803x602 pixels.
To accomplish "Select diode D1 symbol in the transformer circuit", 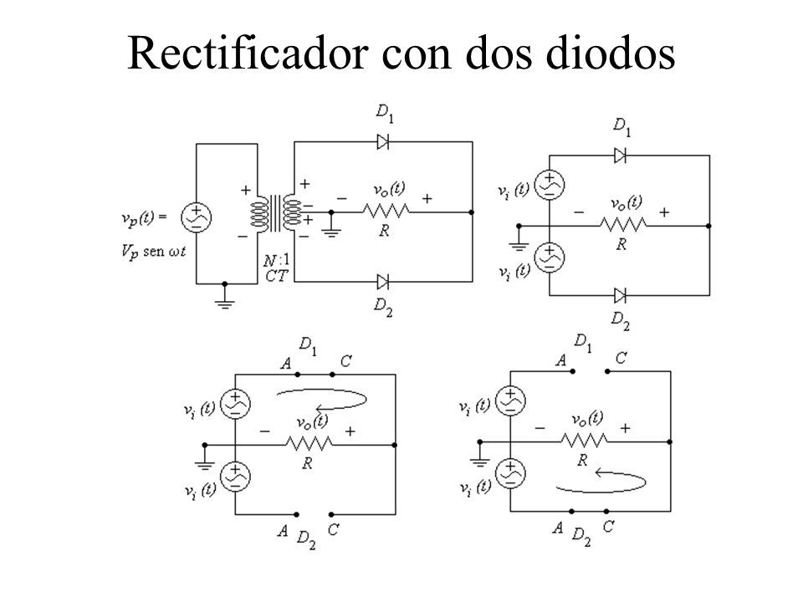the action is pos(382,141).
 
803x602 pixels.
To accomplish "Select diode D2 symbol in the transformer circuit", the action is pos(382,282).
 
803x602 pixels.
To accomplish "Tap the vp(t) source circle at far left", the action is pos(196,217).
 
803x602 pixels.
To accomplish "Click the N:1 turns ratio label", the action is pos(276,261).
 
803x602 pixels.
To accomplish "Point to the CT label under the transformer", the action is pos(277,276).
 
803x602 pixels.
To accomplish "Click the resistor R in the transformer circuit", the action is pos(386,211).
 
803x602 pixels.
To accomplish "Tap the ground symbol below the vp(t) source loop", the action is pos(224,302).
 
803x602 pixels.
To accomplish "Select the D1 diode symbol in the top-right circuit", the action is pos(620,156).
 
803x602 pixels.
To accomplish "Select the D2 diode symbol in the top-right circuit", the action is pos(620,295).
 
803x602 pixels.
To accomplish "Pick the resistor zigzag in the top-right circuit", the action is pos(623,224).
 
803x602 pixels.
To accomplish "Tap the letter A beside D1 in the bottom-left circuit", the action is pos(286,364).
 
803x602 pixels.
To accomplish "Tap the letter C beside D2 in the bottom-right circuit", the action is pos(608,526).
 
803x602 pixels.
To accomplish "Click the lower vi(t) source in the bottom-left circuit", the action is pos(236,476).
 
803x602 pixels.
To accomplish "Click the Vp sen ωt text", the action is pos(154,252).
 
